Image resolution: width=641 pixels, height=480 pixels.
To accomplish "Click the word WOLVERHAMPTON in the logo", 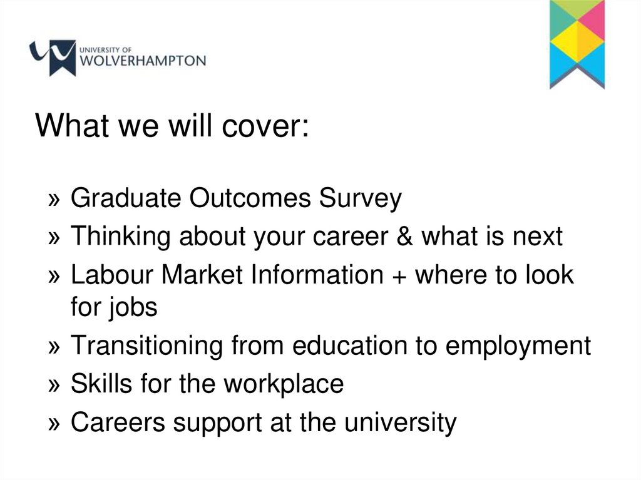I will (143, 61).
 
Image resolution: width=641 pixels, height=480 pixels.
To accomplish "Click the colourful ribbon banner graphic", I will (577, 44).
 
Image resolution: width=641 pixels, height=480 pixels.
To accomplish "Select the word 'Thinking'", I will (120, 237).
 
